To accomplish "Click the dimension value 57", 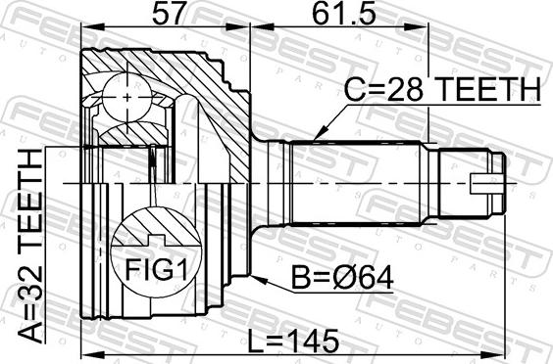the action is [168, 14].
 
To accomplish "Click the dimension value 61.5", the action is [343, 14].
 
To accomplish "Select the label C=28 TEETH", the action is [442, 90].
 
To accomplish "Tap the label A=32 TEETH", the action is [31, 246].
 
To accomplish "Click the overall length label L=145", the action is [293, 341].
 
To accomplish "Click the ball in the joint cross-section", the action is [126, 97].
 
